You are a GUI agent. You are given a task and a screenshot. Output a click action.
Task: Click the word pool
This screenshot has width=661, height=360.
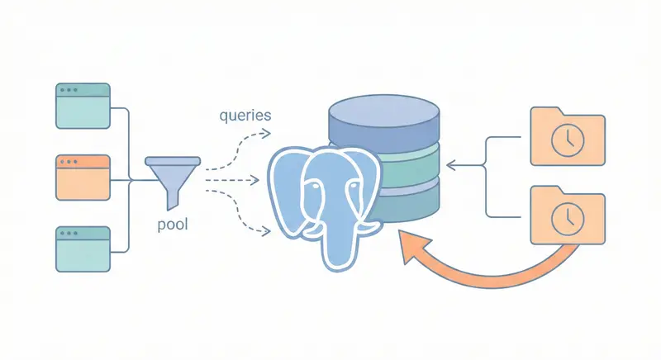click(173, 224)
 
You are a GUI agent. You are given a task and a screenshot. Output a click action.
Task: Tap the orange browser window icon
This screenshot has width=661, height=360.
click(83, 178)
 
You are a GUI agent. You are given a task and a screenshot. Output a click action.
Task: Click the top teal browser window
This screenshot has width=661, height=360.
click(83, 105)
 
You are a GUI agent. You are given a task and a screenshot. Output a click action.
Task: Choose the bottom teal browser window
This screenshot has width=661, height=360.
click(83, 249)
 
